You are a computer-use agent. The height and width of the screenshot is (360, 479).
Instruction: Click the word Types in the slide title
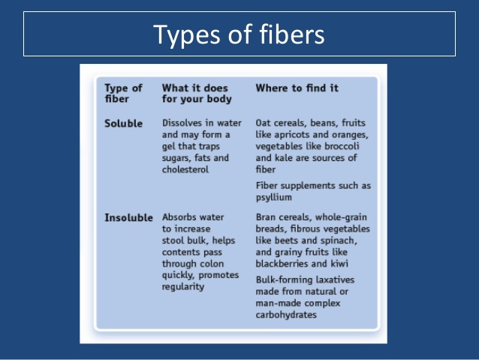186,35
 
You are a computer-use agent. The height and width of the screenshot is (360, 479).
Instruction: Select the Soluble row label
123,123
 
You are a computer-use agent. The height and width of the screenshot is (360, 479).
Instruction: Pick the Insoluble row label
128,218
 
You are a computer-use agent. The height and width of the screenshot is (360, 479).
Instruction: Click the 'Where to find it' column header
297,88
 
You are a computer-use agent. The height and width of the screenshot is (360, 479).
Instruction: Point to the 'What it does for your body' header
197,93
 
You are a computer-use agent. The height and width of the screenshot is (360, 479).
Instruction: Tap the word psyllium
274,198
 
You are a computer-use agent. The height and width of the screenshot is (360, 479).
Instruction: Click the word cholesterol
185,169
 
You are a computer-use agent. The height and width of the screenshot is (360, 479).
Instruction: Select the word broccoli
342,147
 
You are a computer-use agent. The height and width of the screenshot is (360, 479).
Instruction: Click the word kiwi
339,264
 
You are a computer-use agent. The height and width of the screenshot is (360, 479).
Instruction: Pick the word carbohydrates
286,315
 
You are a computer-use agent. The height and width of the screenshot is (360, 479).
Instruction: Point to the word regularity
183,287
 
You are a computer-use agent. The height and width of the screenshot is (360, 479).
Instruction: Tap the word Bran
266,217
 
